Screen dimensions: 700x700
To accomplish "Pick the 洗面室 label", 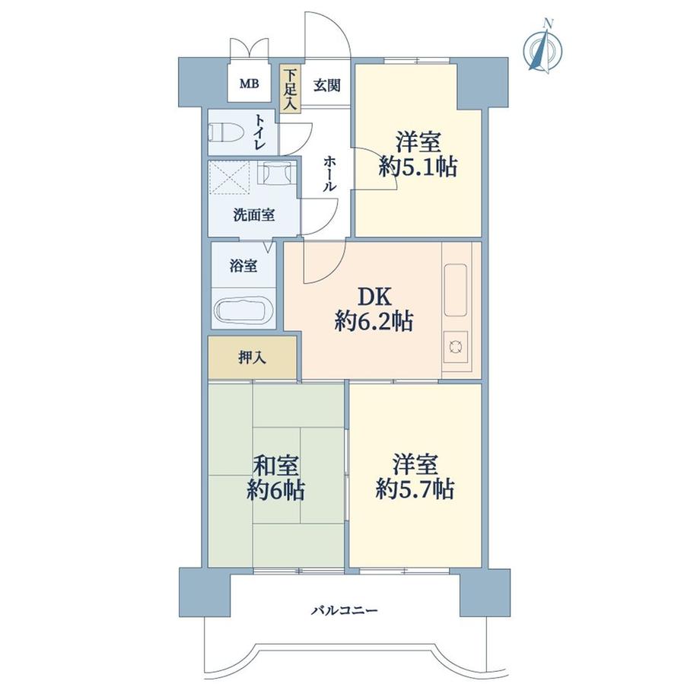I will (253, 215).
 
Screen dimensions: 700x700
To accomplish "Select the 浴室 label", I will (243, 266).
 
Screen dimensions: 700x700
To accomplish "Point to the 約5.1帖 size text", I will (418, 167).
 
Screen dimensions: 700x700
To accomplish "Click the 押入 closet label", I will (252, 357).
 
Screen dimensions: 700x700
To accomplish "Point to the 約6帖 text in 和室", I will (275, 491).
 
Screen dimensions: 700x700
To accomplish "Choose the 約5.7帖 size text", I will (415, 489).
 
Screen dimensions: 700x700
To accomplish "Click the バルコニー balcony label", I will (344, 610).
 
